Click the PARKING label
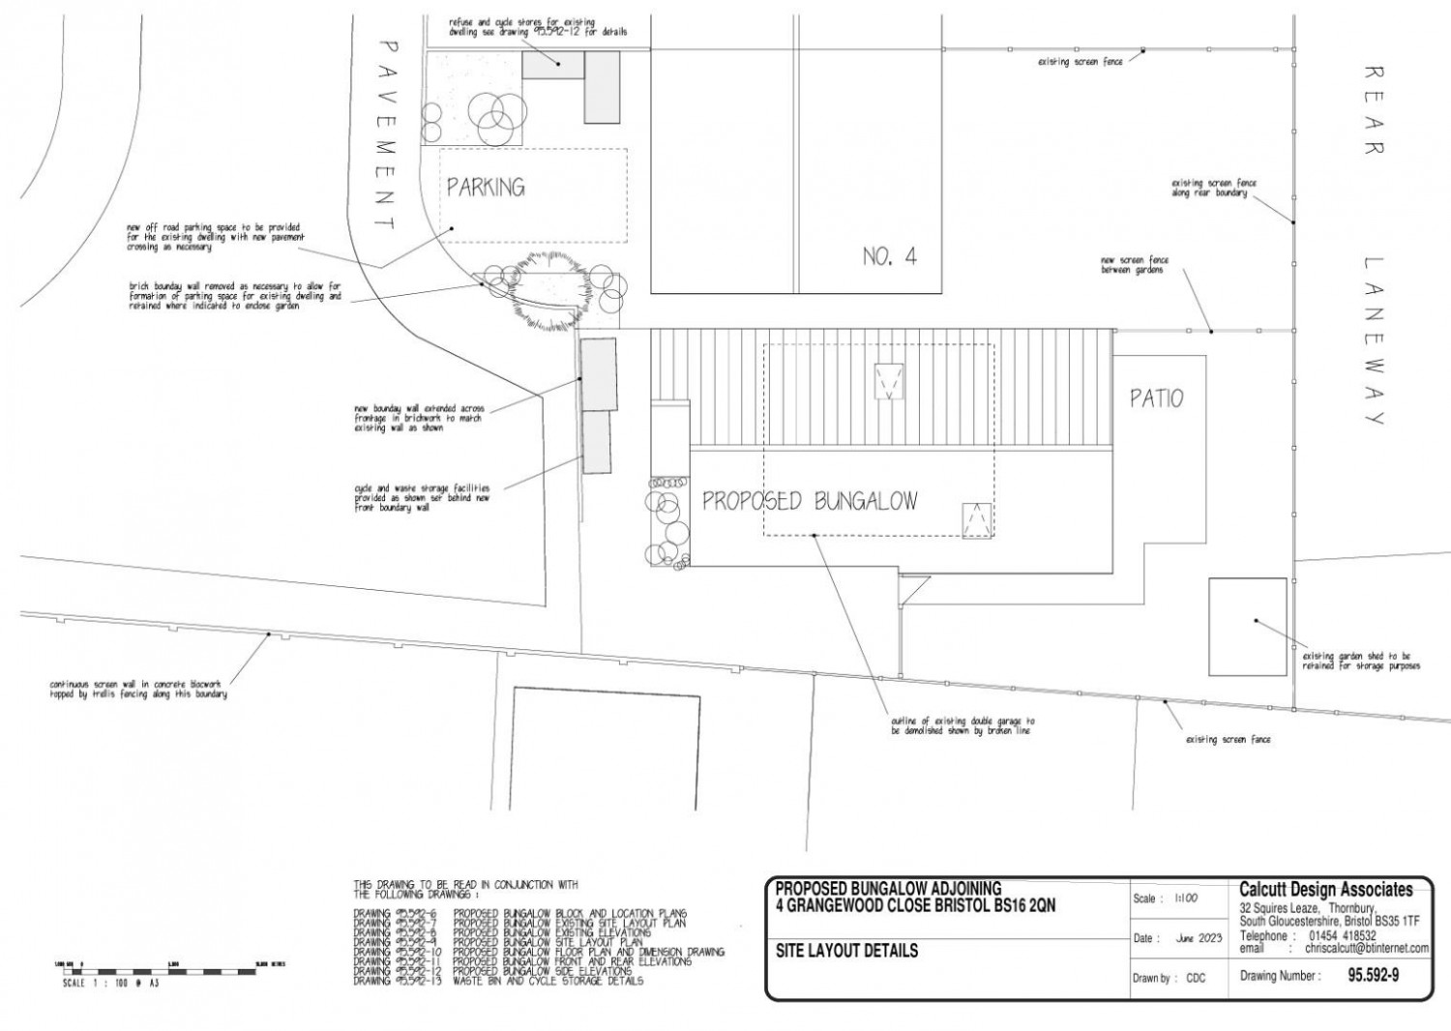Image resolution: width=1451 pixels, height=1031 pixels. pyautogui.click(x=486, y=187)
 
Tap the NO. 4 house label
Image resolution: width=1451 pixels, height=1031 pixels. pyautogui.click(x=889, y=257)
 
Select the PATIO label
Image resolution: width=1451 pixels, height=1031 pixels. pyautogui.click(x=1157, y=398)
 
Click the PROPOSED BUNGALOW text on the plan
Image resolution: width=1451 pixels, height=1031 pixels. pyautogui.click(x=809, y=501)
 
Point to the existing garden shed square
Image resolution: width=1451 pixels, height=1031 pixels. pyautogui.click(x=1247, y=626)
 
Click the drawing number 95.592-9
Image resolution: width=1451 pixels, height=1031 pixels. pyautogui.click(x=1373, y=976)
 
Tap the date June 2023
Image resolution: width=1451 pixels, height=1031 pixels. pyautogui.click(x=1199, y=939)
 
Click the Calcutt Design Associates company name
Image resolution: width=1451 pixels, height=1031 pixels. pyautogui.click(x=1325, y=890)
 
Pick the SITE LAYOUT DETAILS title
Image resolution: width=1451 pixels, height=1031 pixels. pyautogui.click(x=846, y=951)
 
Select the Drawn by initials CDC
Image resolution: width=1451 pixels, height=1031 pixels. pyautogui.click(x=1196, y=978)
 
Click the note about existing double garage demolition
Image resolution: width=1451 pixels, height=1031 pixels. pyautogui.click(x=962, y=725)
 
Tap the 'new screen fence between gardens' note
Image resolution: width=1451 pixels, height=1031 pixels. pyautogui.click(x=1134, y=265)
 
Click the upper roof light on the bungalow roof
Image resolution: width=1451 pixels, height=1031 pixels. pyautogui.click(x=887, y=380)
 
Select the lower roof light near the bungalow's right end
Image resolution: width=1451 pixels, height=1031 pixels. pyautogui.click(x=977, y=520)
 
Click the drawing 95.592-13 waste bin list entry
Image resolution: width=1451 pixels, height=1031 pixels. pyautogui.click(x=498, y=981)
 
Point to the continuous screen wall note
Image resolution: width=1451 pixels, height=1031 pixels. pyautogui.click(x=138, y=690)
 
